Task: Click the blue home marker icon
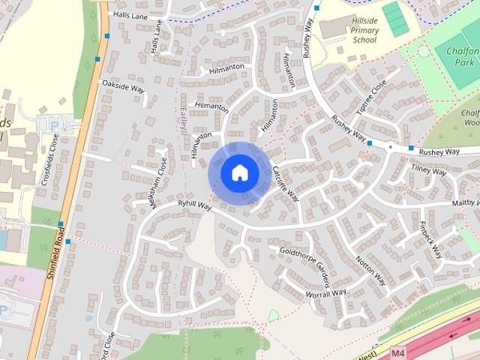coord(240,172)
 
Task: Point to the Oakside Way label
coord(123,87)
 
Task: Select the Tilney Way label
coord(428,170)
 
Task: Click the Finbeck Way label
coord(432,238)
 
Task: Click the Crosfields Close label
coord(54,154)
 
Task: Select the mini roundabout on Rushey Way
coord(390,147)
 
